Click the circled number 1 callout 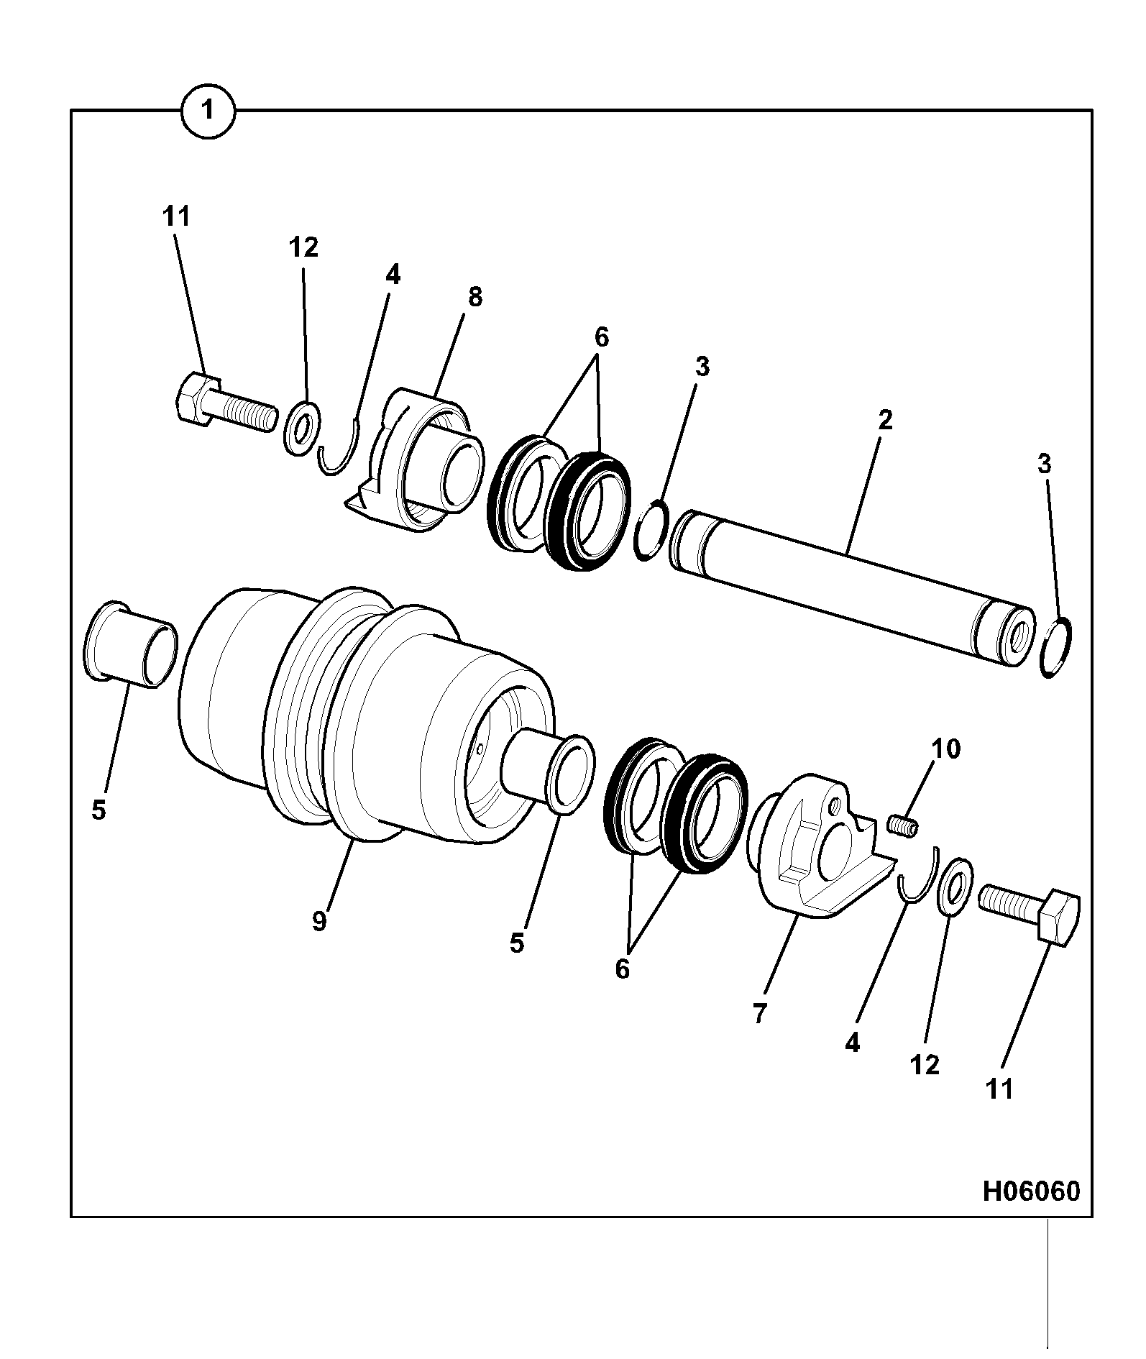[208, 111]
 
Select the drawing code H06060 [1031, 1191]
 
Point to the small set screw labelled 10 [902, 825]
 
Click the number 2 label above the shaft [885, 420]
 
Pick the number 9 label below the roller [319, 921]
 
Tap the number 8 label [475, 296]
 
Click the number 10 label [945, 749]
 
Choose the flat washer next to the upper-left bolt [302, 429]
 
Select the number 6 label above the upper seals [601, 336]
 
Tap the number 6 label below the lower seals [622, 969]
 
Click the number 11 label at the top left [176, 215]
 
